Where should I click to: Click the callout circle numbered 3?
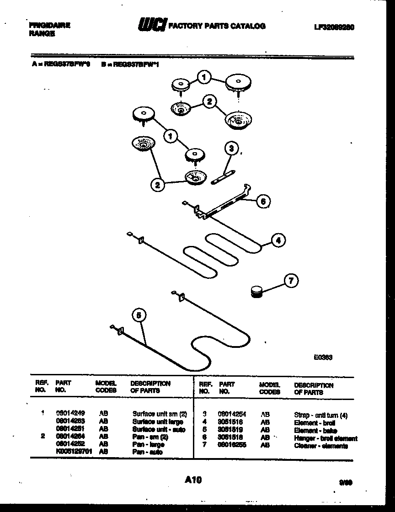click(232, 148)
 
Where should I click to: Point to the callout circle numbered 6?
click(262, 201)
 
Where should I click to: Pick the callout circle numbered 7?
click(291, 281)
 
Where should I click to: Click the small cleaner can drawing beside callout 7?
click(258, 291)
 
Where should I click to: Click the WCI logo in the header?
click(152, 26)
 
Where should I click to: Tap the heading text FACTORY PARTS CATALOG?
click(217, 26)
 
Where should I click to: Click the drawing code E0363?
click(322, 357)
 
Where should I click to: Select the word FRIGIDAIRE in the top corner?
click(49, 26)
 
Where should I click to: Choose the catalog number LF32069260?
click(334, 27)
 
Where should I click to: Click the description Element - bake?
click(315, 430)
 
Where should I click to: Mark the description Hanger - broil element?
click(326, 438)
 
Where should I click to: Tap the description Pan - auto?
click(147, 452)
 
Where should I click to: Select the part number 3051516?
click(230, 422)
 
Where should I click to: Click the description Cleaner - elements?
click(321, 446)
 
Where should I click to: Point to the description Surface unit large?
click(158, 422)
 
